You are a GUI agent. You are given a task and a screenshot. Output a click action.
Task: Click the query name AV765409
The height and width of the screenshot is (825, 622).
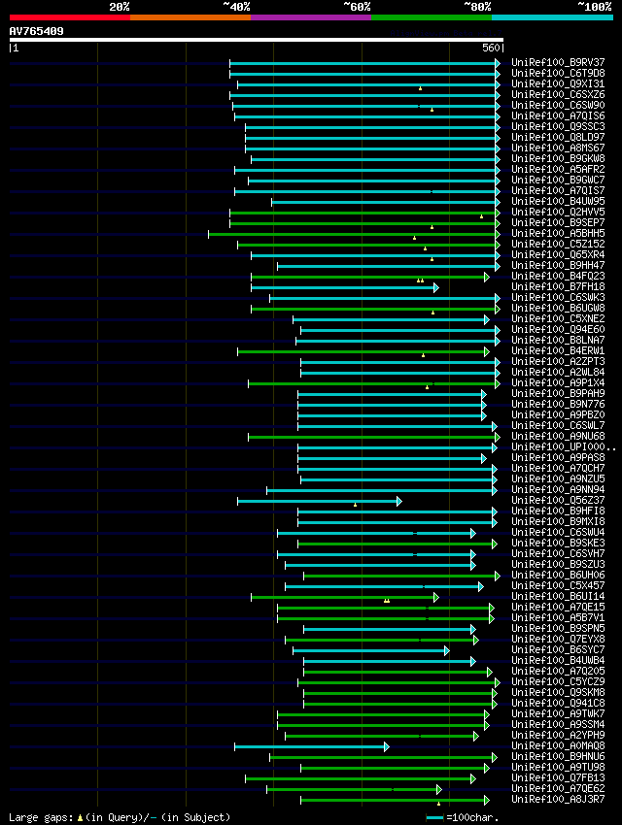[x=37, y=31]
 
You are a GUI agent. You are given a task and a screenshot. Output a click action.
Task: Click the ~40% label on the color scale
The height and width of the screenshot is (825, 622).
[x=236, y=7]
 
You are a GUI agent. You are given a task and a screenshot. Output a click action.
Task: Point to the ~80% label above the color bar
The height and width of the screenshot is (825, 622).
[x=477, y=7]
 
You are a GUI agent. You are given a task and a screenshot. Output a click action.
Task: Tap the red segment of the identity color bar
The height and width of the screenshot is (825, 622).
[x=69, y=17]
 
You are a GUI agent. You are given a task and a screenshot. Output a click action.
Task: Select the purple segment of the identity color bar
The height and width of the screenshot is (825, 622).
[x=310, y=17]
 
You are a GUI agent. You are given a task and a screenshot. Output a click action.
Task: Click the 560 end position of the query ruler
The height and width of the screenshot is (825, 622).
[x=490, y=48]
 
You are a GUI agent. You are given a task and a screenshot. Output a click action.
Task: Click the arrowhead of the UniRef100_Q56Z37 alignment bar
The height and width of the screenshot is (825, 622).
[x=398, y=501]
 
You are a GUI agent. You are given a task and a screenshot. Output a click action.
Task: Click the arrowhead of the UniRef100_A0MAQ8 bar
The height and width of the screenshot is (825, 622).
[x=386, y=746]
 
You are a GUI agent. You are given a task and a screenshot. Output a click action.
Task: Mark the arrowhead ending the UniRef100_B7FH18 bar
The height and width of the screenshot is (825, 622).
[x=436, y=287]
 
